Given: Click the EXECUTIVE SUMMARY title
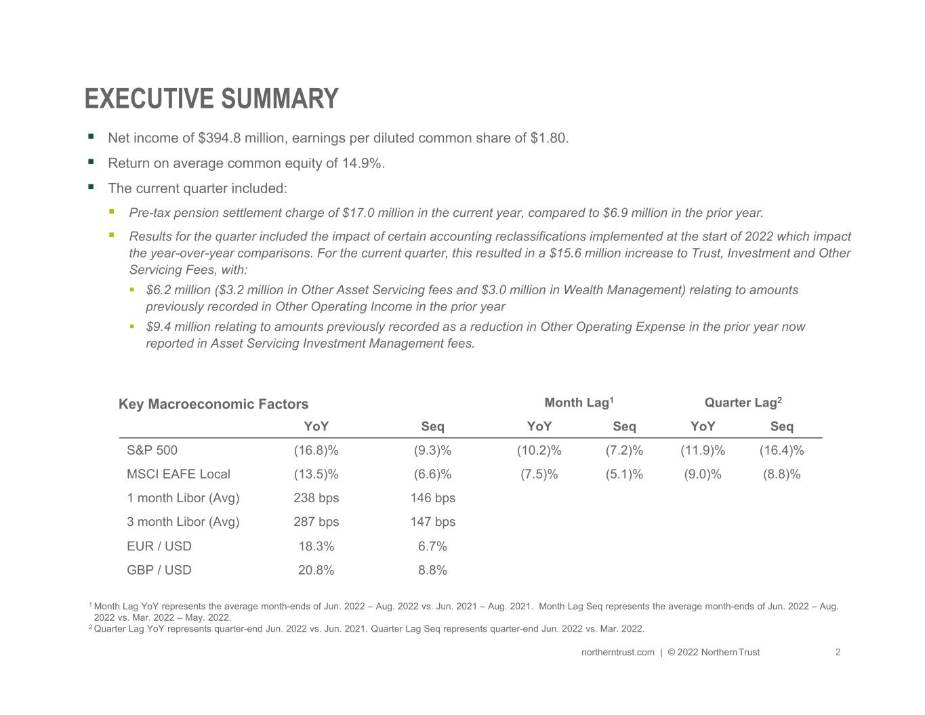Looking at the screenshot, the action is pos(211,98).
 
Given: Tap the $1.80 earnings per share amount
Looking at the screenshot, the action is pos(549,138).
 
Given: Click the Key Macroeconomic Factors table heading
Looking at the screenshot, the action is pos(213,404).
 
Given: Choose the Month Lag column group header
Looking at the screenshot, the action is pos(579,403).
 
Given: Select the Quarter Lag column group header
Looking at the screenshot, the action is pos(743,403).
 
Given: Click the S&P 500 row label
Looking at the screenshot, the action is pos(152,450).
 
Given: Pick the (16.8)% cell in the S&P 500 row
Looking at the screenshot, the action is pos(316,450).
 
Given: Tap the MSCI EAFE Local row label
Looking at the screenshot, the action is pos(178,474).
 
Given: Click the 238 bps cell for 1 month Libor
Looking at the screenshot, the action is pos(316,498).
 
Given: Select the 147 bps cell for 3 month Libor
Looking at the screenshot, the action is pos(432,522).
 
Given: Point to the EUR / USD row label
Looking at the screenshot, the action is pos(159,546).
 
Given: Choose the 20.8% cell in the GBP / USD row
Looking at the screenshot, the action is pos(316,570).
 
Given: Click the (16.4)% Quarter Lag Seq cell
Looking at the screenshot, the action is pos(781,450).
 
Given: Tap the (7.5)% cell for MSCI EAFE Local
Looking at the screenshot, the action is pos(539,474).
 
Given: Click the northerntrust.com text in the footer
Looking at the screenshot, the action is pos(617,653).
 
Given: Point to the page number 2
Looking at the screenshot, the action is pos(838,653).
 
